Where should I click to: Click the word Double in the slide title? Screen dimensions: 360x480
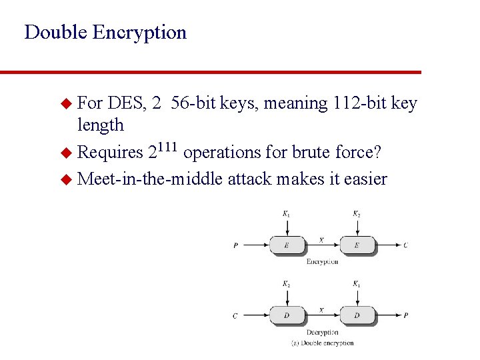(x=56, y=32)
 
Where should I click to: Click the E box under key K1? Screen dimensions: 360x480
(x=286, y=245)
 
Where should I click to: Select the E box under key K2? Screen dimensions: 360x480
(x=357, y=245)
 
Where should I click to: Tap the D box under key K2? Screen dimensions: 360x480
(x=286, y=315)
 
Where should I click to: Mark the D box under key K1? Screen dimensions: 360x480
(x=357, y=315)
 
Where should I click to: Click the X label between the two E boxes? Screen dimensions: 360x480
(x=321, y=239)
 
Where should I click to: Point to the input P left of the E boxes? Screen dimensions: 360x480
(x=235, y=245)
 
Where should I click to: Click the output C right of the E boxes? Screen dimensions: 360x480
(x=406, y=245)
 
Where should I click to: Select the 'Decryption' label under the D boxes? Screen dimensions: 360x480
(x=322, y=332)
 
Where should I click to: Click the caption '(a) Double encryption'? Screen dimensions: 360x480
(x=322, y=343)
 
